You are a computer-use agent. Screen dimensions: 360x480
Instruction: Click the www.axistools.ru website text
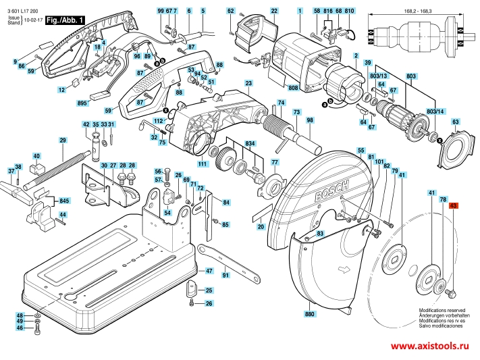(x=429, y=346)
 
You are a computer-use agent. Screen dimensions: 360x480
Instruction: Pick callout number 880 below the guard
(x=310, y=315)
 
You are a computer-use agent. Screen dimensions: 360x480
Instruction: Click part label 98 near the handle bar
(x=310, y=120)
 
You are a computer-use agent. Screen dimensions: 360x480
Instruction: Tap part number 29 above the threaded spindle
(x=63, y=140)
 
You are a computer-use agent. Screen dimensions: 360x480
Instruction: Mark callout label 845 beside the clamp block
(x=64, y=201)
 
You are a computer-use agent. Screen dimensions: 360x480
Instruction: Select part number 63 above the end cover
(x=455, y=122)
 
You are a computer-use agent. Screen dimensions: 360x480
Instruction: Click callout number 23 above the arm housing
(x=248, y=83)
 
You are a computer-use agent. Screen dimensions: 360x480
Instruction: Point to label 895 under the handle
(x=82, y=103)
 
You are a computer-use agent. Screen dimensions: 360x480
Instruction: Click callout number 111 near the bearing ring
(x=202, y=164)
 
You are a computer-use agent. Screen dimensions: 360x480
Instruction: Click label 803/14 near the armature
(x=437, y=110)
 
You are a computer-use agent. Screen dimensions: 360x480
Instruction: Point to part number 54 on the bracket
(x=167, y=213)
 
